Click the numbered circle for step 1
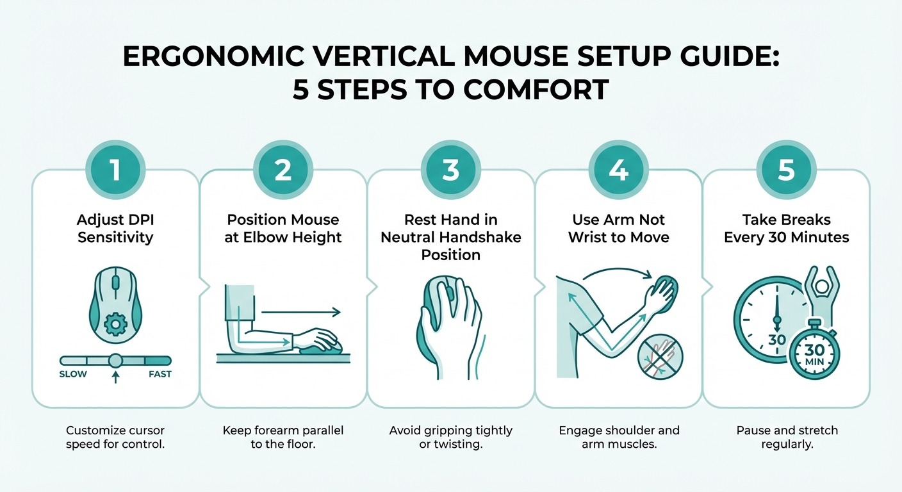115,170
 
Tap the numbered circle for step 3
451,170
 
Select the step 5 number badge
786,170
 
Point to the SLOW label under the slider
73,374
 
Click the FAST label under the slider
160,374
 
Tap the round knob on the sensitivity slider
115,361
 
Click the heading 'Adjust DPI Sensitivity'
115,229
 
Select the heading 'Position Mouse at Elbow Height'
284,229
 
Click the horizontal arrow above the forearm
300,313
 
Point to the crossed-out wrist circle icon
660,356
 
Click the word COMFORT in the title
536,89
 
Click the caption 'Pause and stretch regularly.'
787,437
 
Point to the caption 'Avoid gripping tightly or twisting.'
451,437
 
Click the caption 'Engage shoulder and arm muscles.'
619,437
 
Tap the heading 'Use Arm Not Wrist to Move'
619,229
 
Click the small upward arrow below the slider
115,377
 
